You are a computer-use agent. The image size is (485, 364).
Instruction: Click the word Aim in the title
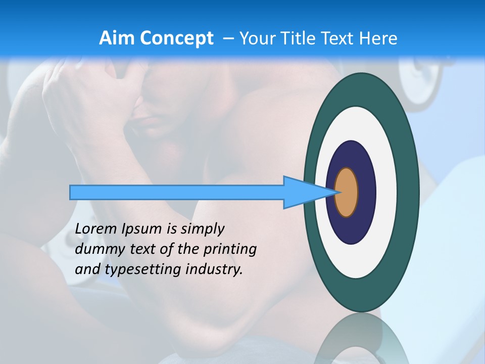(x=117, y=38)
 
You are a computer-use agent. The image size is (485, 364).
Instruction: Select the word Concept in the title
(x=177, y=39)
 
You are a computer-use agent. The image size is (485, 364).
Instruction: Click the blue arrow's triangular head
(x=298, y=193)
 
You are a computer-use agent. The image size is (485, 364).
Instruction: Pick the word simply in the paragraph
(x=202, y=229)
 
